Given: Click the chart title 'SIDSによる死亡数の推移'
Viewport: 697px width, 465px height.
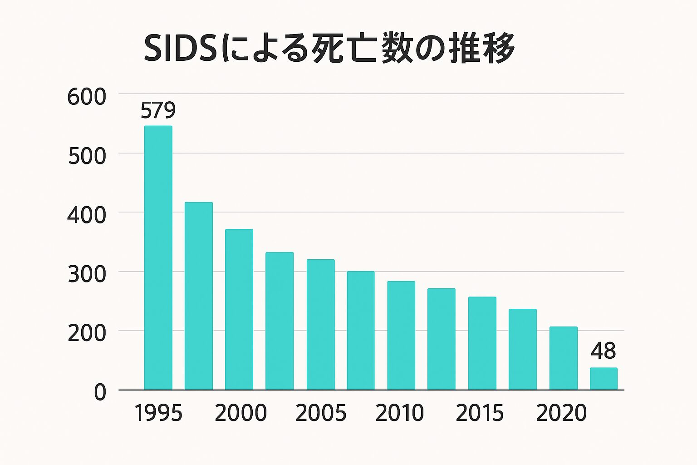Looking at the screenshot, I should [329, 48].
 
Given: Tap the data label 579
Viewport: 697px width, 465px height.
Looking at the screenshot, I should [158, 110].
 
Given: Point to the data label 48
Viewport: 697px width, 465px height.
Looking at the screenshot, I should [603, 351].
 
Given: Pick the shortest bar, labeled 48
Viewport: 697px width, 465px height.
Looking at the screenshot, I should [604, 379].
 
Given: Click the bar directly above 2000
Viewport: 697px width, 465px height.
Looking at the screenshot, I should [239, 309].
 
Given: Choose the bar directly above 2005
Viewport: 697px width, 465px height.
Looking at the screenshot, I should [320, 324].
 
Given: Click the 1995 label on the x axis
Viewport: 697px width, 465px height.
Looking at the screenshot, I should [158, 413].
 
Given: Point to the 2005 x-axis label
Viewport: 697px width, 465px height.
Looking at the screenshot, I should [320, 413].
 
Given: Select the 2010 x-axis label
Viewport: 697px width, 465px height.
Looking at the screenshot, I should [400, 413].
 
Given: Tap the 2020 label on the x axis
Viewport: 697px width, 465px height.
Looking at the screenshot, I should [561, 413].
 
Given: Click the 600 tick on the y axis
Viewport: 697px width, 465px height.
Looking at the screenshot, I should [86, 97].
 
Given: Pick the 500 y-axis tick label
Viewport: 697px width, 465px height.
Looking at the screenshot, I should [87, 157].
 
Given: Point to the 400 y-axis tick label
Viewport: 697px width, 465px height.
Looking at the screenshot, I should [86, 216].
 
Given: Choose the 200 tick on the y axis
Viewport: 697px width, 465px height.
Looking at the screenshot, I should [87, 334].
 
